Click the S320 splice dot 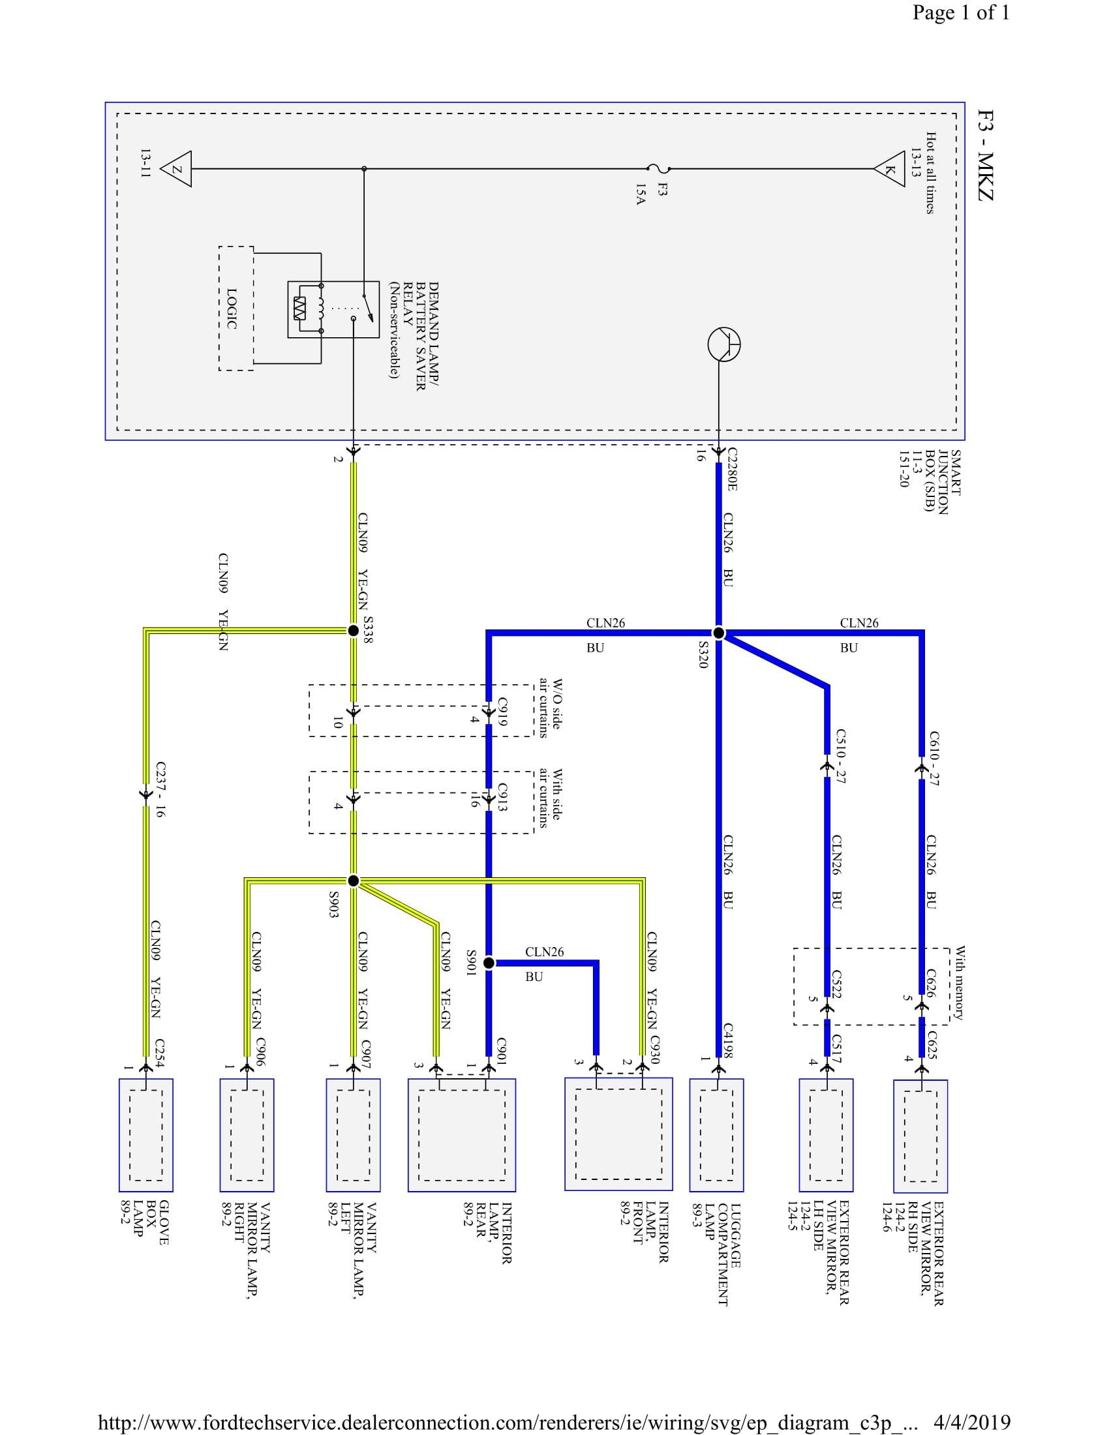tap(719, 633)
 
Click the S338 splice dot tap(354, 630)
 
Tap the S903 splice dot tap(354, 881)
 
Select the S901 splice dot tap(489, 963)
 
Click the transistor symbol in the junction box tap(724, 344)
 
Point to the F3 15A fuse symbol tap(654, 169)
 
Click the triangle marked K tap(891, 169)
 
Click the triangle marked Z tap(177, 169)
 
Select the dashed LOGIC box tap(236, 308)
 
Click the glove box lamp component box tap(146, 1135)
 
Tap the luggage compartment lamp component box tap(716, 1135)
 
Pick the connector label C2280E tap(732, 469)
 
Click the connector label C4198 tap(728, 1040)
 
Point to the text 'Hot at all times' tap(930, 173)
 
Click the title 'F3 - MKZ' tap(986, 155)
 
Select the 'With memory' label tap(960, 983)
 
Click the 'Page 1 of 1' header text tap(960, 12)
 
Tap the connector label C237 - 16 tap(160, 789)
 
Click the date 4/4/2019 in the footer tap(972, 1423)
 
